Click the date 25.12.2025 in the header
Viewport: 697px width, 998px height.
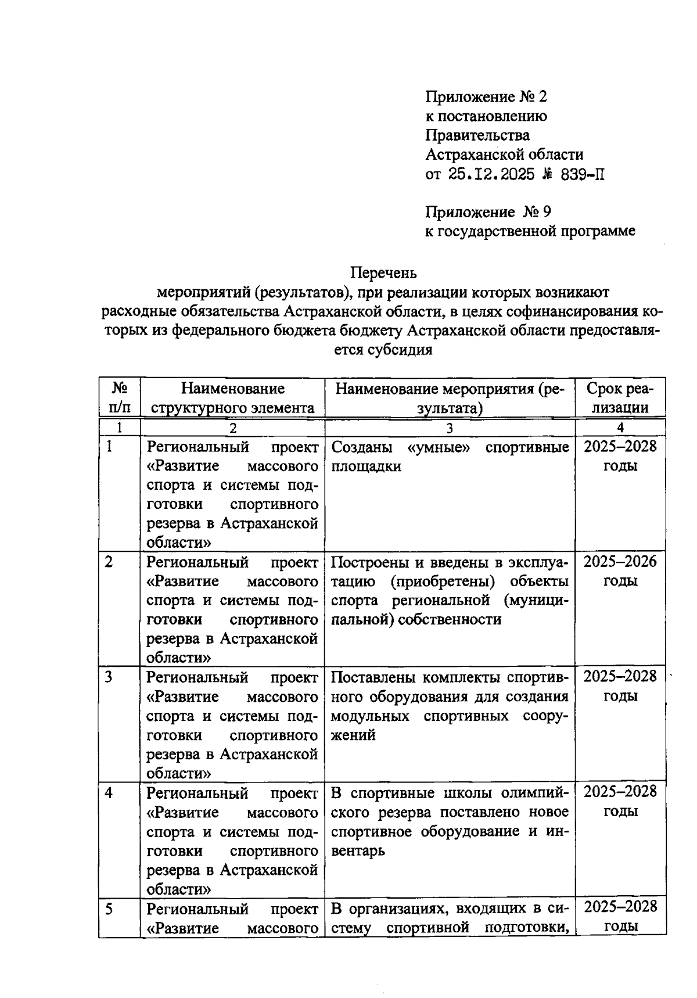click(x=491, y=174)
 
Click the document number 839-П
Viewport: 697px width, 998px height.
click(x=583, y=174)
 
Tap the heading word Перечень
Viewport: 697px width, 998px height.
click(x=383, y=272)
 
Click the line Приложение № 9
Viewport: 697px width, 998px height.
click(x=488, y=212)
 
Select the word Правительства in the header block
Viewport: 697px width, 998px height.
click(x=477, y=135)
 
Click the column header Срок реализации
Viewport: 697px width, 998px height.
click(x=620, y=397)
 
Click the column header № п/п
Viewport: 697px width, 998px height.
click(x=119, y=397)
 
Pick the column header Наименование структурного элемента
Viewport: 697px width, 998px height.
click(x=232, y=397)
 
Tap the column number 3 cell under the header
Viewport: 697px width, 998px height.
click(x=449, y=428)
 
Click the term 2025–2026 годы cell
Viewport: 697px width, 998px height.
click(x=620, y=570)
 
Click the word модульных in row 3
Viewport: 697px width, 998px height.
click(x=369, y=716)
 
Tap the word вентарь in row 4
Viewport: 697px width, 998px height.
click(x=358, y=850)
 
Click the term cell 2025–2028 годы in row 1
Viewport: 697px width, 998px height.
click(x=620, y=455)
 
